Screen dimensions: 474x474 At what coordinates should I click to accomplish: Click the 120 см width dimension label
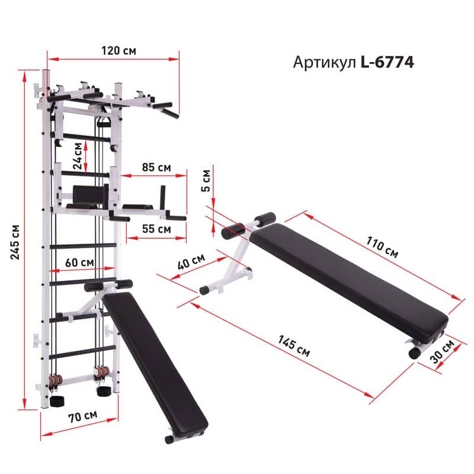coord(118,50)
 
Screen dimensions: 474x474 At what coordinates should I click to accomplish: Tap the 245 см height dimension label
coord(15,242)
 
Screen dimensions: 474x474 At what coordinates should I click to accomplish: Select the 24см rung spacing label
coord(78,156)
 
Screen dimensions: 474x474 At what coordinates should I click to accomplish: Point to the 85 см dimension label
coord(156,167)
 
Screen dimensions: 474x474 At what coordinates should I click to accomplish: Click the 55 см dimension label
coord(156,229)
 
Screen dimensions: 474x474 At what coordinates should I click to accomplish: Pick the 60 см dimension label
coord(79,262)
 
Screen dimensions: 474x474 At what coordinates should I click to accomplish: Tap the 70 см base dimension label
coord(82,417)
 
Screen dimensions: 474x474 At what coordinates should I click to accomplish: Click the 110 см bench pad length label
coord(382,247)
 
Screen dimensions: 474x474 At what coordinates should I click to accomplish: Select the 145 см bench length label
coord(294,346)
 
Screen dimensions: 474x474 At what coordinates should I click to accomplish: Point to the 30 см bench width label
coord(442,351)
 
